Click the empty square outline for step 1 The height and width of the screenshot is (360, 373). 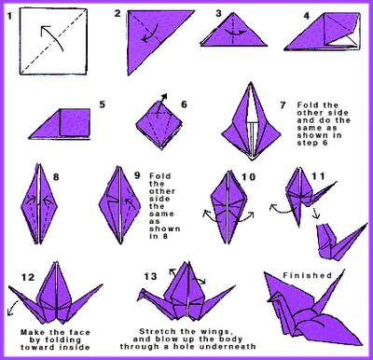tap(51, 42)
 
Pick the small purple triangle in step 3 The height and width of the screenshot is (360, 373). tap(228, 35)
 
